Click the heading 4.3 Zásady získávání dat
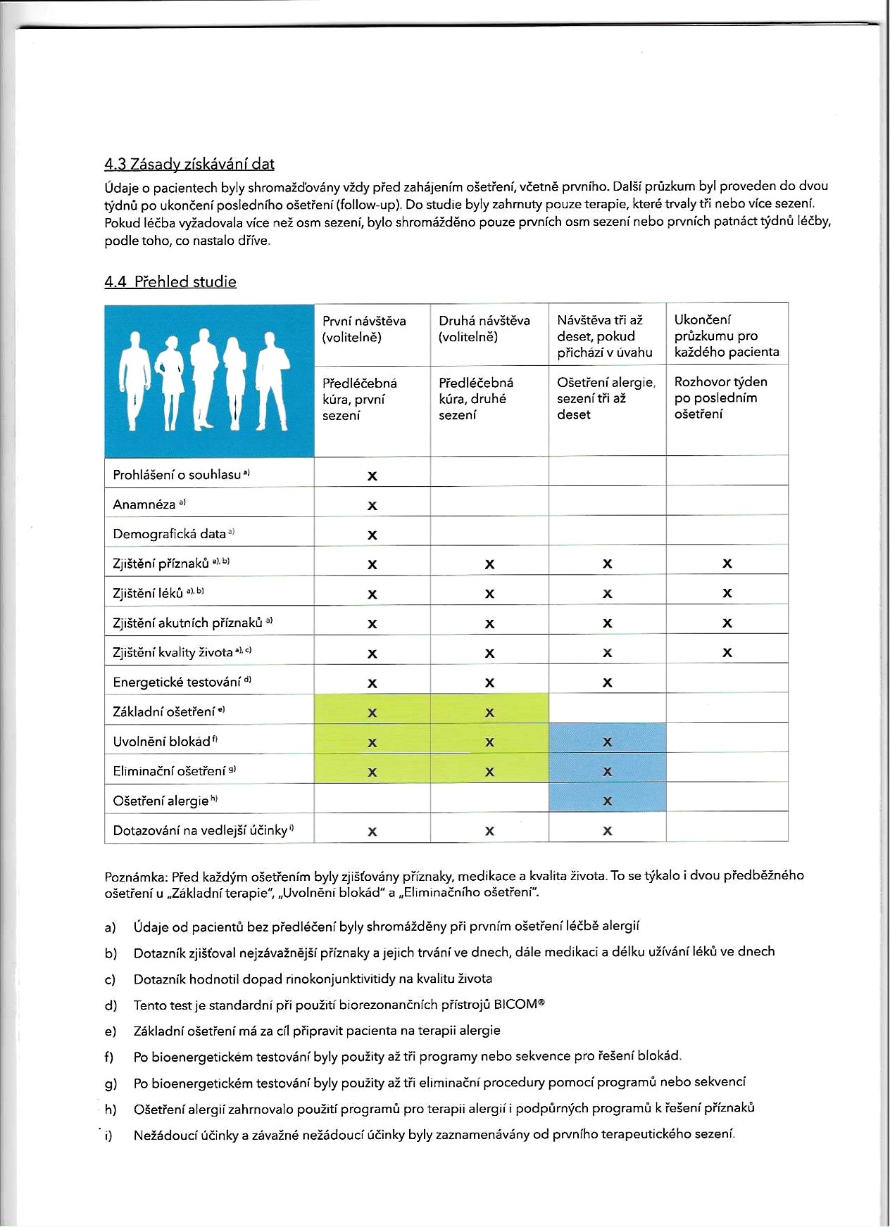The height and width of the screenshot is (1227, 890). pos(189,164)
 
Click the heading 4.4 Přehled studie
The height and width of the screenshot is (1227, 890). pos(170,281)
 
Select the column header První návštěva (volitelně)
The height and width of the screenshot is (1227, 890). pos(364,329)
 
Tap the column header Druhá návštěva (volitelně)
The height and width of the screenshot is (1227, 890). pos(484,329)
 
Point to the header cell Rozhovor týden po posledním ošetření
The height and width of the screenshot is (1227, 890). pos(720,398)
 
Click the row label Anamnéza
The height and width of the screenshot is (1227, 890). pos(144,504)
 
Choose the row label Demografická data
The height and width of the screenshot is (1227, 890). pos(169,534)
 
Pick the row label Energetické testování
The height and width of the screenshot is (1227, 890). pos(177,682)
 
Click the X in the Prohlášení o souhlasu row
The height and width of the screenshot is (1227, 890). pos(372,476)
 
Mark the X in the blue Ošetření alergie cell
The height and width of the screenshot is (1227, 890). pos(608,801)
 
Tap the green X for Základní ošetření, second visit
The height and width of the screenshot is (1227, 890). pos(490,713)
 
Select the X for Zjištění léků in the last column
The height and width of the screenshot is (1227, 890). pos(727,594)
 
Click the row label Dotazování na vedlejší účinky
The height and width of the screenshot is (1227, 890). pos(200,831)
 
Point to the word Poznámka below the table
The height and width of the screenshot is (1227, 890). pos(135,876)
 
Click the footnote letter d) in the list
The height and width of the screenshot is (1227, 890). pos(111,1005)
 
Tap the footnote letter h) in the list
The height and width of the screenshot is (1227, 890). pos(111,1109)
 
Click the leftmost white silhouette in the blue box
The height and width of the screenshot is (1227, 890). pos(134,380)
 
